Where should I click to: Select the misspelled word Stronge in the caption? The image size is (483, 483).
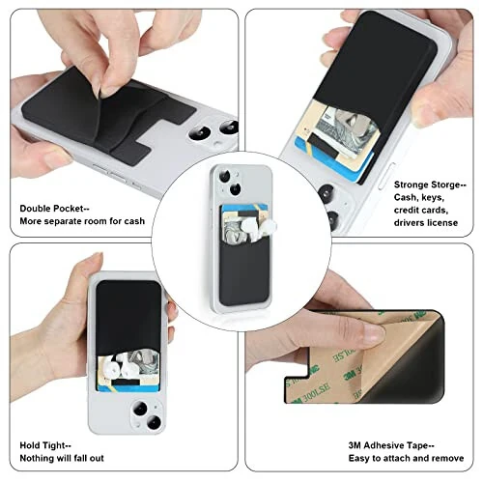414,183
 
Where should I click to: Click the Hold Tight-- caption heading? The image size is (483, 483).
44,444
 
